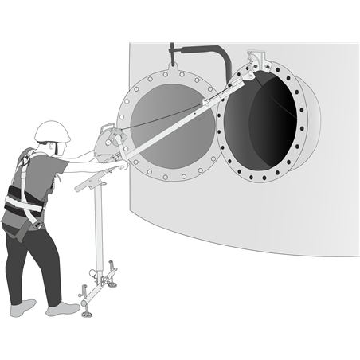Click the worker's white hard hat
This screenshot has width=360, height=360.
pos(53,131)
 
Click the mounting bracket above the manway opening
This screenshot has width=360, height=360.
pos(256,61)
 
